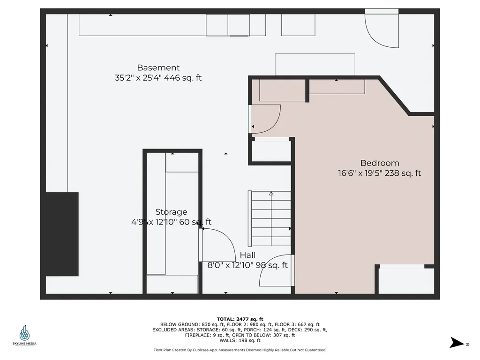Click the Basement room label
[x=158, y=67]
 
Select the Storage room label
[x=171, y=212]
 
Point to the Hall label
[x=247, y=255]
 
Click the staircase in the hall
[x=271, y=219]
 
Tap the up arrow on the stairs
[x=271, y=194]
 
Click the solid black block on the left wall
[x=62, y=234]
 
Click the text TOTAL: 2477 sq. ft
[x=240, y=319]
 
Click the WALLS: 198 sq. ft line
[x=240, y=340]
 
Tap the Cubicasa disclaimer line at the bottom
[x=240, y=350]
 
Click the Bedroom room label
[x=380, y=163]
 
